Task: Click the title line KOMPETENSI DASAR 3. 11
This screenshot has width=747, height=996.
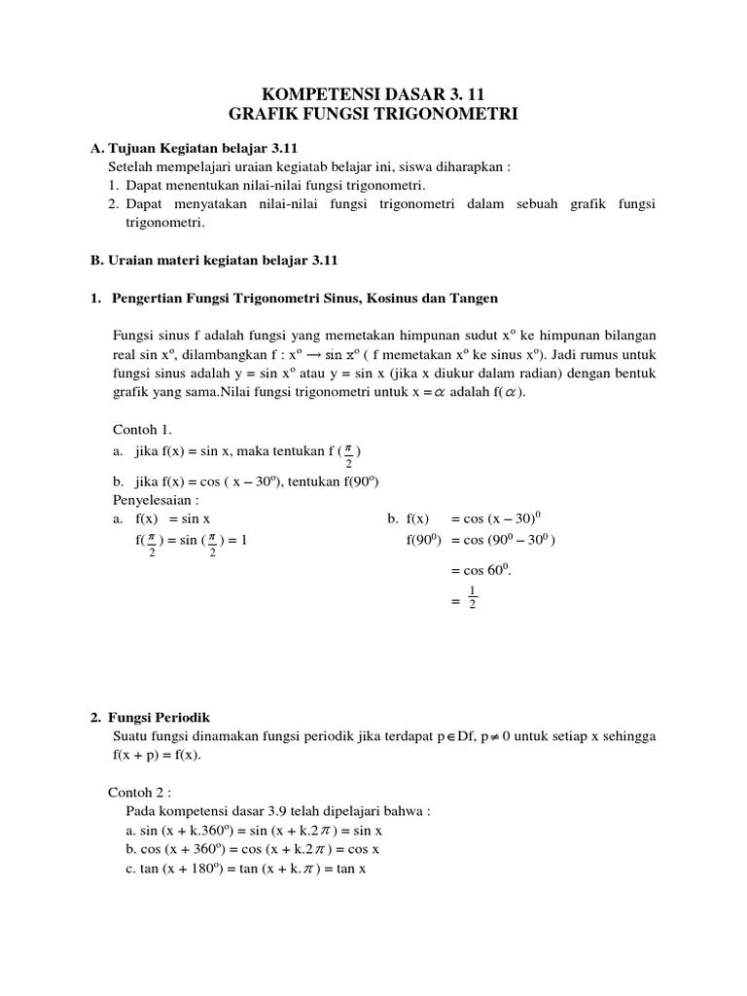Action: click(x=373, y=94)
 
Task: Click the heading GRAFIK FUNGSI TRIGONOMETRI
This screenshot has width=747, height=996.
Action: click(x=373, y=115)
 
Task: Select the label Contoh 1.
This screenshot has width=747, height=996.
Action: click(x=141, y=428)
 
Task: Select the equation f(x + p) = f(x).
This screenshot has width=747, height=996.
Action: click(x=160, y=755)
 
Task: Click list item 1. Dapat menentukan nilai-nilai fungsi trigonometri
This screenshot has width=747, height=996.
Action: click(x=267, y=185)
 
